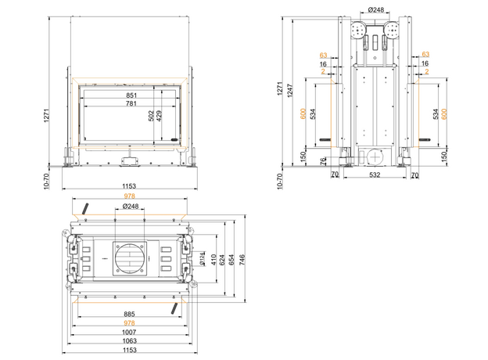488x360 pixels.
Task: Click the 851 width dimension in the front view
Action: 131,95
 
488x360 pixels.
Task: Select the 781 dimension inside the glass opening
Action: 131,104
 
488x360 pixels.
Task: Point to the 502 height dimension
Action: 152,115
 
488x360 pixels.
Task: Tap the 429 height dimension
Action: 160,115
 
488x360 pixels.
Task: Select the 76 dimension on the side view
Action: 323,161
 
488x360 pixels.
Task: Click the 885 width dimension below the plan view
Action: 130,315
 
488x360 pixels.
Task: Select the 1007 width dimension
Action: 130,332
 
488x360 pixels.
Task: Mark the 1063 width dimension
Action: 130,340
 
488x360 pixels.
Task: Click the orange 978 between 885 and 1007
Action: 130,323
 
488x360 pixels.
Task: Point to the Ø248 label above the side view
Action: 376,9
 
